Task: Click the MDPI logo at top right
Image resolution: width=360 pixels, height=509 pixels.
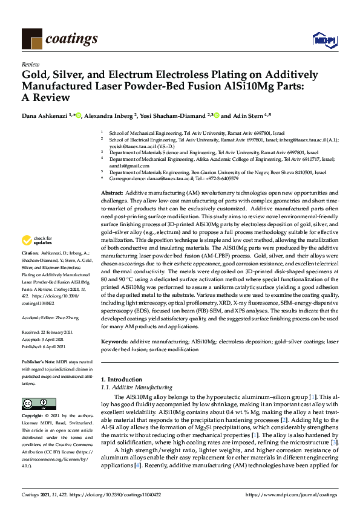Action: [x=325, y=39]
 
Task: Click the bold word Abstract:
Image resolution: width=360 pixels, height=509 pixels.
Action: [x=113, y=192]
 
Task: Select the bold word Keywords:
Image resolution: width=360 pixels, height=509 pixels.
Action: [x=115, y=342]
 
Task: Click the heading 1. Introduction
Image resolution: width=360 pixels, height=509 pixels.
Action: [x=121, y=379]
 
